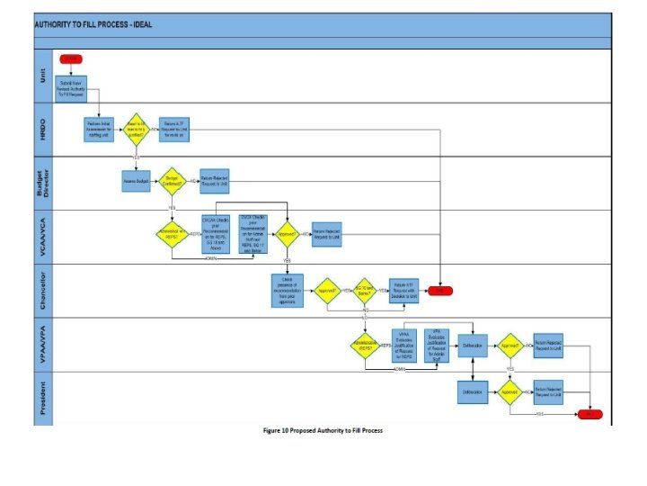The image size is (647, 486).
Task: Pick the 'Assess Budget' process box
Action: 136,181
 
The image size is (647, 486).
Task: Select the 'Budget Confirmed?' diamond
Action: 172,181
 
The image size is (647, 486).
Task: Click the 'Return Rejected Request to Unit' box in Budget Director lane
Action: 213,181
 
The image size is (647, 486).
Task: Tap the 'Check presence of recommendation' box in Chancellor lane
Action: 287,291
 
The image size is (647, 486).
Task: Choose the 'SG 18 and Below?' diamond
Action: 364,291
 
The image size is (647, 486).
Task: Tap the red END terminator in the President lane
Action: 590,415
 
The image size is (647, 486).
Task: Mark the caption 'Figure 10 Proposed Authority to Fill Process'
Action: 323,431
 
